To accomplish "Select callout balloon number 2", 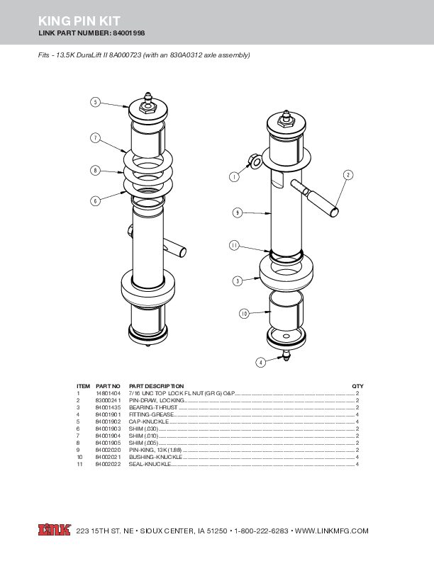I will (348, 174).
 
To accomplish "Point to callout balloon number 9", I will (238, 212).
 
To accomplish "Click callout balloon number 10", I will (243, 312).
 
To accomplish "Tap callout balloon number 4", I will (260, 362).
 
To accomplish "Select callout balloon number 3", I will (238, 280).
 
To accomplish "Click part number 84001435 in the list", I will (108, 408).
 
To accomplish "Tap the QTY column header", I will (357, 385).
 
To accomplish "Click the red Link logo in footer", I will (54, 530).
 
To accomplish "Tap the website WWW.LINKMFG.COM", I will (332, 531).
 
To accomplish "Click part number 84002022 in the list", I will (108, 465).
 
